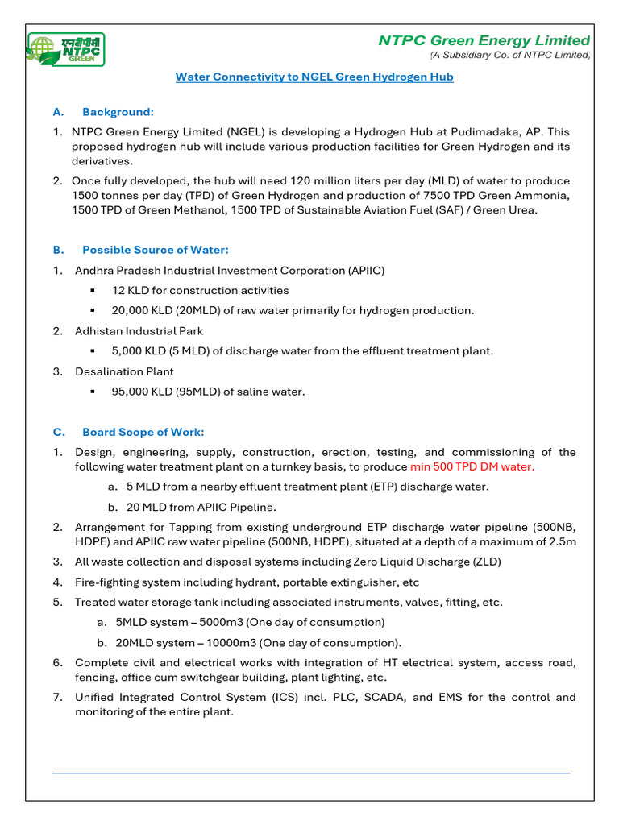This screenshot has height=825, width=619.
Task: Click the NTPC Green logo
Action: pos(66,49)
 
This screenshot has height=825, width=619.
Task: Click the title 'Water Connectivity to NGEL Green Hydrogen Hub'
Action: pos(314,77)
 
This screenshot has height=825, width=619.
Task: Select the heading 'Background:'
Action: pos(118,111)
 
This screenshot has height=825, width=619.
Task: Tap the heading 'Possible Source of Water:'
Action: pos(155,250)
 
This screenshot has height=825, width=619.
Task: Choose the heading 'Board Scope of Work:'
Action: pos(143,432)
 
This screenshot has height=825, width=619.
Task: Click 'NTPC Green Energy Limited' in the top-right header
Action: pos(484,40)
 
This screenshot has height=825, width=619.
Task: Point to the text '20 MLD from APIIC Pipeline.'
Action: pos(201,507)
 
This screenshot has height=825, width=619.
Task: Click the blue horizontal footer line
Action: pos(310,773)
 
